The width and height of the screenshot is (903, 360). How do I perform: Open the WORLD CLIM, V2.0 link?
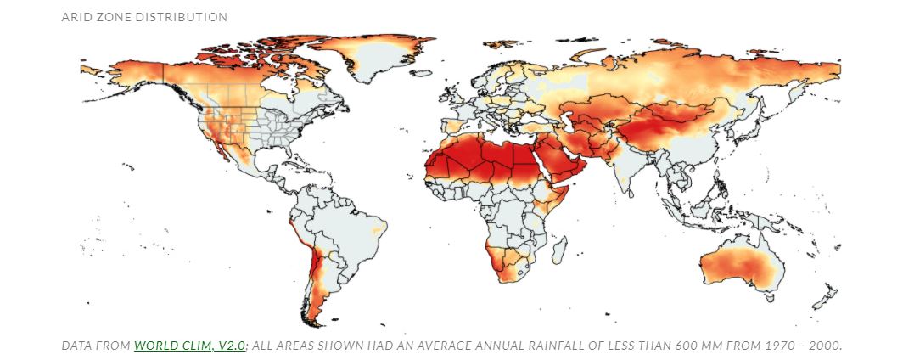190,346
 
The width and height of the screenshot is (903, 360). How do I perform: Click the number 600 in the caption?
685,346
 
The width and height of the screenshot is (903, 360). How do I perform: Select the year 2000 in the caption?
823,346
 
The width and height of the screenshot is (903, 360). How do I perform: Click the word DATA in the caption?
78,346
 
